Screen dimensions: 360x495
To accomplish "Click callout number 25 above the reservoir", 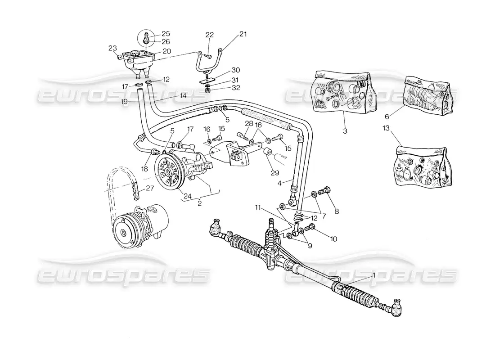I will pyautogui.click(x=154, y=34).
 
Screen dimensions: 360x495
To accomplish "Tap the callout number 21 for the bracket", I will pyautogui.click(x=243, y=34).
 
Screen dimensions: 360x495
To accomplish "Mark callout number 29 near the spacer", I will pyautogui.click(x=274, y=172).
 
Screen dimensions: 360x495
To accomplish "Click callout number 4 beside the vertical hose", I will pyautogui.click(x=279, y=183).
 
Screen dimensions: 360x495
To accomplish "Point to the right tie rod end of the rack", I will pyautogui.click(x=397, y=307).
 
